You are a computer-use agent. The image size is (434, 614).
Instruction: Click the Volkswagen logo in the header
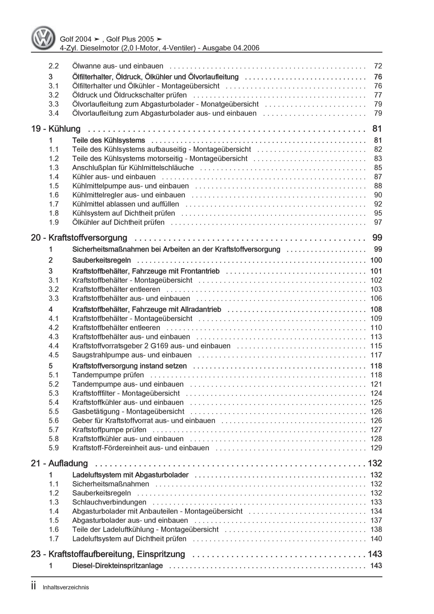(x=43, y=38)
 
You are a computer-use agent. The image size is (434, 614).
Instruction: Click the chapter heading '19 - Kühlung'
(x=56, y=129)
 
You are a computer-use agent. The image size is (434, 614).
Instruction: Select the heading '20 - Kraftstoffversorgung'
(x=79, y=237)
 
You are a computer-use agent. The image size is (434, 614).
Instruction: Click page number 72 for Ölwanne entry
(x=378, y=66)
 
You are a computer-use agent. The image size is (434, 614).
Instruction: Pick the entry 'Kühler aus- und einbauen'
(x=114, y=177)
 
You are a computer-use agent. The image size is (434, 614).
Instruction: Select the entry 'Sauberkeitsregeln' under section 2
(x=101, y=260)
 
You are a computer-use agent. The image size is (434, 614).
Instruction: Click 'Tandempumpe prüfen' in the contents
(x=108, y=375)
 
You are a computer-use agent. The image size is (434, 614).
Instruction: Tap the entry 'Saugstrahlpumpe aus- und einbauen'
(x=132, y=355)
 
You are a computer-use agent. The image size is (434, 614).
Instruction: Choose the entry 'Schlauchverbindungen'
(x=109, y=502)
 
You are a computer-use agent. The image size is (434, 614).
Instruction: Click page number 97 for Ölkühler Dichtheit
(x=378, y=222)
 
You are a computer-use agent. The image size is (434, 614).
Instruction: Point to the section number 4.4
(x=54, y=346)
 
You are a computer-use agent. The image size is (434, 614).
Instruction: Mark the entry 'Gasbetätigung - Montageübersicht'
(x=128, y=411)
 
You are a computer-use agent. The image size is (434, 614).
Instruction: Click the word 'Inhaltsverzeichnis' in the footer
(x=65, y=588)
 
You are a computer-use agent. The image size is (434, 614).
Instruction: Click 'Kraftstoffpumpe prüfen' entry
(x=109, y=430)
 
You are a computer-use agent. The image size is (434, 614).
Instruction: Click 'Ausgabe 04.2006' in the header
(x=231, y=48)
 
